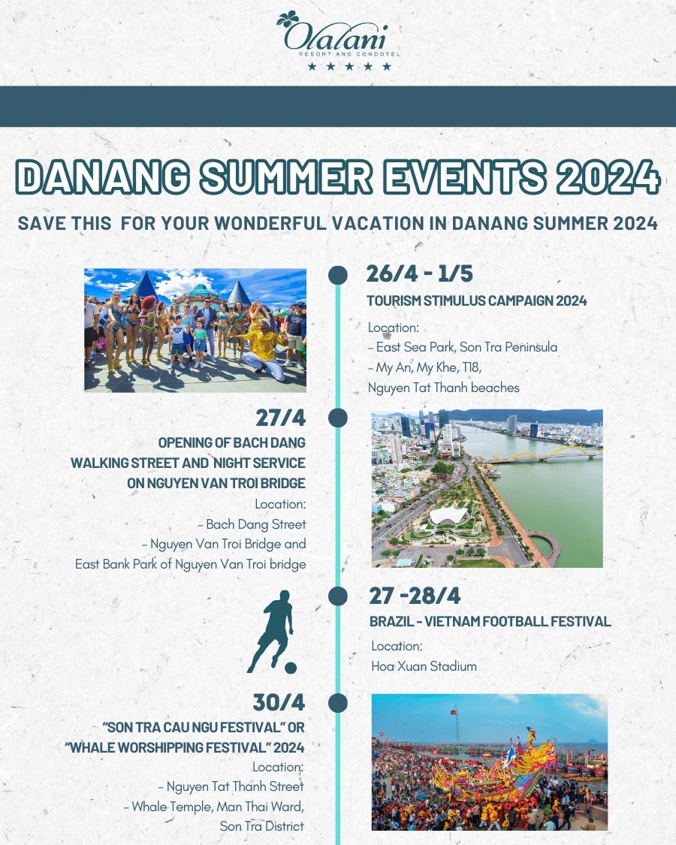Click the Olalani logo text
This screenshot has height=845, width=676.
(335, 37)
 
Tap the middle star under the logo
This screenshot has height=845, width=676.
(349, 66)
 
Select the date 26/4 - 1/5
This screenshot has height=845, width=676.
(419, 273)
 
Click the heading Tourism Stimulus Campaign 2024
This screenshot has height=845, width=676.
(476, 300)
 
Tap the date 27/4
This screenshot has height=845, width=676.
(280, 418)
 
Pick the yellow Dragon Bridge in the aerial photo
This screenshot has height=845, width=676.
(545, 455)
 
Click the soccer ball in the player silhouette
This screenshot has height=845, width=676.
(291, 668)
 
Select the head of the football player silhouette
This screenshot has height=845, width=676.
(284, 597)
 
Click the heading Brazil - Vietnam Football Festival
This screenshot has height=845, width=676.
(490, 621)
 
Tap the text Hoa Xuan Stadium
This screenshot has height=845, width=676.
(424, 666)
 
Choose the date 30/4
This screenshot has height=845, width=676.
(279, 702)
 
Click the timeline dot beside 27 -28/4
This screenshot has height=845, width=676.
(337, 596)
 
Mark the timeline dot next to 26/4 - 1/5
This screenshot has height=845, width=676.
(337, 274)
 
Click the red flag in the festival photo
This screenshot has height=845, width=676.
(454, 712)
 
